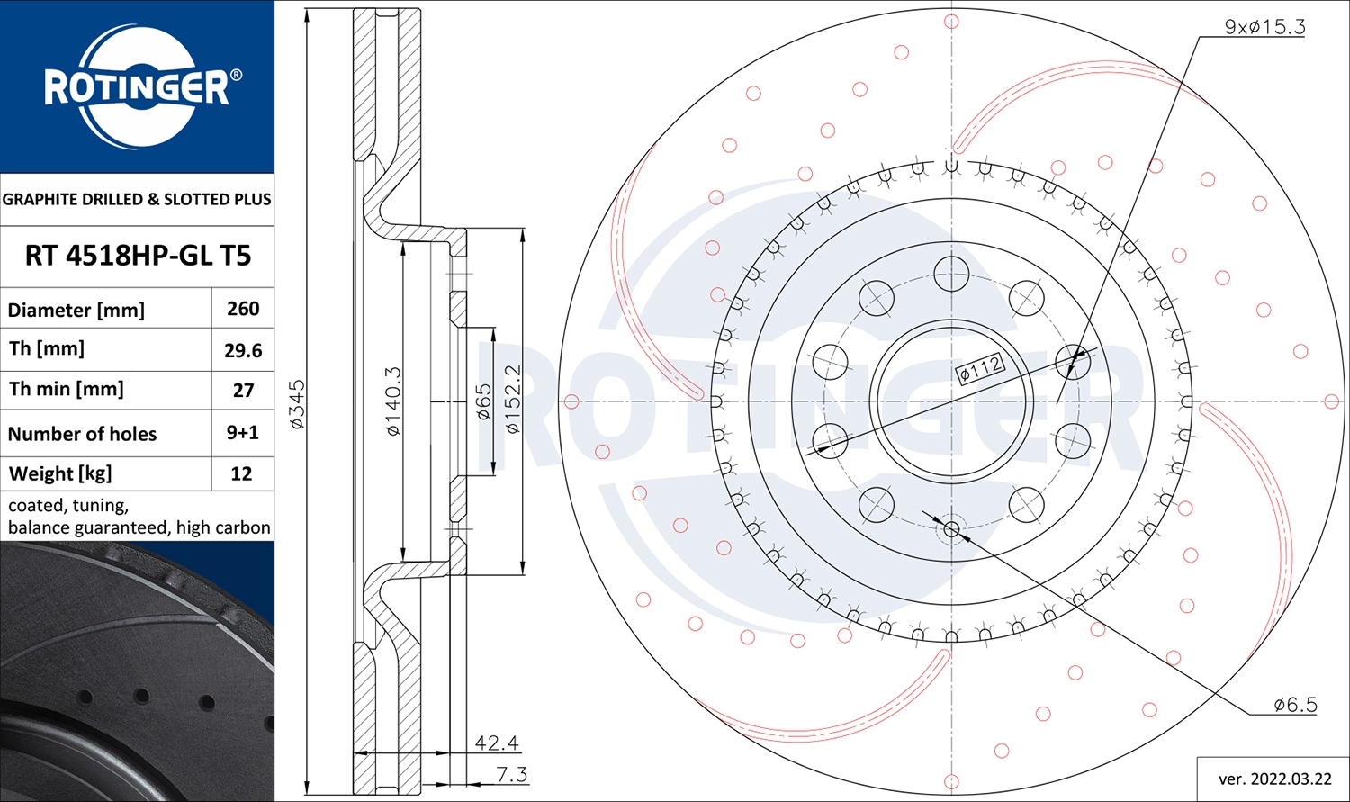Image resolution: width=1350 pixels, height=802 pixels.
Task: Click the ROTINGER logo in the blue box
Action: click(137, 87)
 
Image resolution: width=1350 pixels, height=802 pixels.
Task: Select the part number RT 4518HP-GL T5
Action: click(138, 256)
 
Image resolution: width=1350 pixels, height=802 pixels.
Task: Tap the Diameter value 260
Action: click(243, 309)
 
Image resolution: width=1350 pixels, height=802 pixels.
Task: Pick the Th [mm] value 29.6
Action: click(243, 350)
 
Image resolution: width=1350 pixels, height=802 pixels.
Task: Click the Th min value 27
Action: click(243, 391)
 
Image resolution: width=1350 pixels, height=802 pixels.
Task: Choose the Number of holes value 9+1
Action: click(242, 433)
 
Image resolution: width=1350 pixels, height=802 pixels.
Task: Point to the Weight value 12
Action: click(241, 473)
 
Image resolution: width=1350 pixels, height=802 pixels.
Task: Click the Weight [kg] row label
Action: click(60, 473)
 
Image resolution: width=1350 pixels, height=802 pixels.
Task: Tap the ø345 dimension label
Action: click(297, 404)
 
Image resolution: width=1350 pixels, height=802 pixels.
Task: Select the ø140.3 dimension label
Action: click(393, 401)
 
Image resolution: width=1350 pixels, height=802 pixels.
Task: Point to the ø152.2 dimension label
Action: click(513, 400)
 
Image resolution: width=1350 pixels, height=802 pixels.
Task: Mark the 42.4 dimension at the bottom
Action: click(497, 743)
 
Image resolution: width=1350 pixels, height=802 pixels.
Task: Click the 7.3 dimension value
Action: click(511, 774)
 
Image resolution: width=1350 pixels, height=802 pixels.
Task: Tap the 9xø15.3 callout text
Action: click(1264, 27)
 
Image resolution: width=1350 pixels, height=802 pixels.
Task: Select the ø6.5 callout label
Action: click(1295, 705)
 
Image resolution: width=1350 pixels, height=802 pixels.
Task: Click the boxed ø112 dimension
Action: click(980, 368)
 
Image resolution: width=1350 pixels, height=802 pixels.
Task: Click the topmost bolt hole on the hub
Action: click(951, 274)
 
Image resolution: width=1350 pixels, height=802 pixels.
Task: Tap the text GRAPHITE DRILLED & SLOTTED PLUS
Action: click(137, 199)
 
